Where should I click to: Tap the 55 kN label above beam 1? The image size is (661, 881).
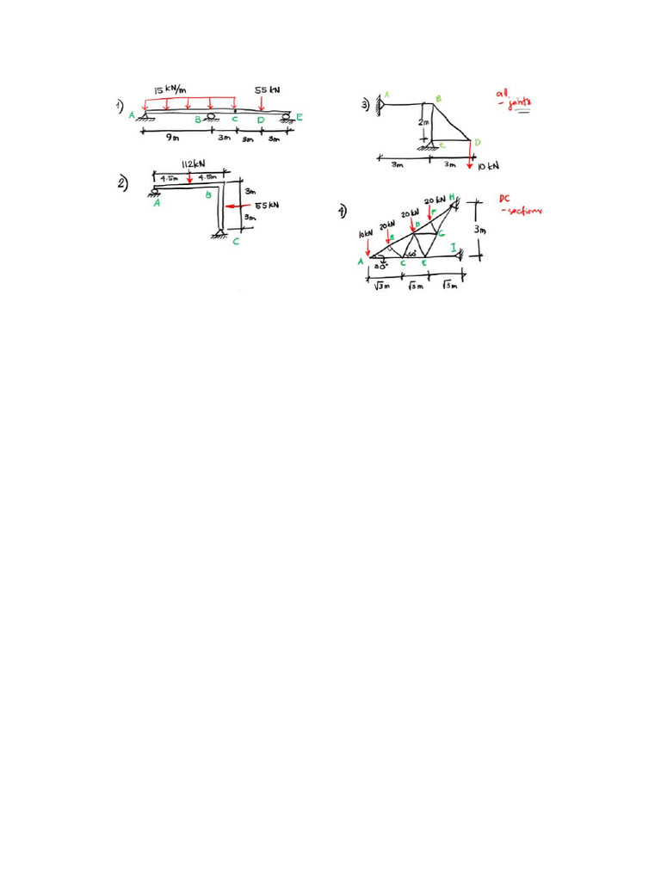pyautogui.click(x=267, y=89)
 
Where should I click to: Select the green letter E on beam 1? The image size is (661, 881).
pyautogui.click(x=300, y=117)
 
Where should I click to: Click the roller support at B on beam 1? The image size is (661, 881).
pyautogui.click(x=211, y=116)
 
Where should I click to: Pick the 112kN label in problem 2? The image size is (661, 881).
pyautogui.click(x=191, y=163)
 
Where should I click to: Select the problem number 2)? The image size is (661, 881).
pyautogui.click(x=123, y=182)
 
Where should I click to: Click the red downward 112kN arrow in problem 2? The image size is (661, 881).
pyautogui.click(x=189, y=177)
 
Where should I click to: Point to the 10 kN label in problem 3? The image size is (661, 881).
pyautogui.click(x=488, y=164)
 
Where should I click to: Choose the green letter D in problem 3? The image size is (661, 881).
pyautogui.click(x=478, y=141)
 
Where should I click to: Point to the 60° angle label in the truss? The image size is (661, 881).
pyautogui.click(x=413, y=254)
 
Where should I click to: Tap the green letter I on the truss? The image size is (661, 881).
pyautogui.click(x=453, y=248)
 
